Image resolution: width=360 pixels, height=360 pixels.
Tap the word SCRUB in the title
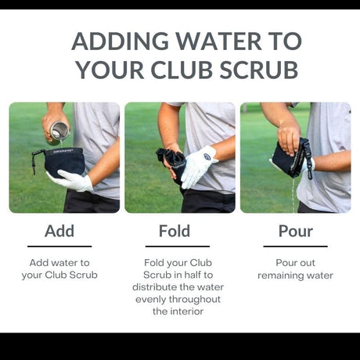point(259,70)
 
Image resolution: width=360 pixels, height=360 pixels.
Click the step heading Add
point(59,231)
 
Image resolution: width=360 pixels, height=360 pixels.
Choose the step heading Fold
point(175,231)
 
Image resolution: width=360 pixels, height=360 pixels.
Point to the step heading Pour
point(296,231)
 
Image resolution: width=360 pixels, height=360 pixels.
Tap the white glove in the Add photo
point(70,180)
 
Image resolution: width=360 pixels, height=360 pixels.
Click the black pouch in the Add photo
point(62,162)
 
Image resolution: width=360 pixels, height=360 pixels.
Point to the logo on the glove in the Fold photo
point(207,157)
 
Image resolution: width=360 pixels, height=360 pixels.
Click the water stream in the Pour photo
point(293,194)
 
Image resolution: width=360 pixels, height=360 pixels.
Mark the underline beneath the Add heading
point(59,246)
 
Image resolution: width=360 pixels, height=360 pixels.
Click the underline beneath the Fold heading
point(178,246)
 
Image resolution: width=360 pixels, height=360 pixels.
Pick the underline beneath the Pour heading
point(296,246)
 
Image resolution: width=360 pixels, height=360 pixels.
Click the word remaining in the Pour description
point(278,275)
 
